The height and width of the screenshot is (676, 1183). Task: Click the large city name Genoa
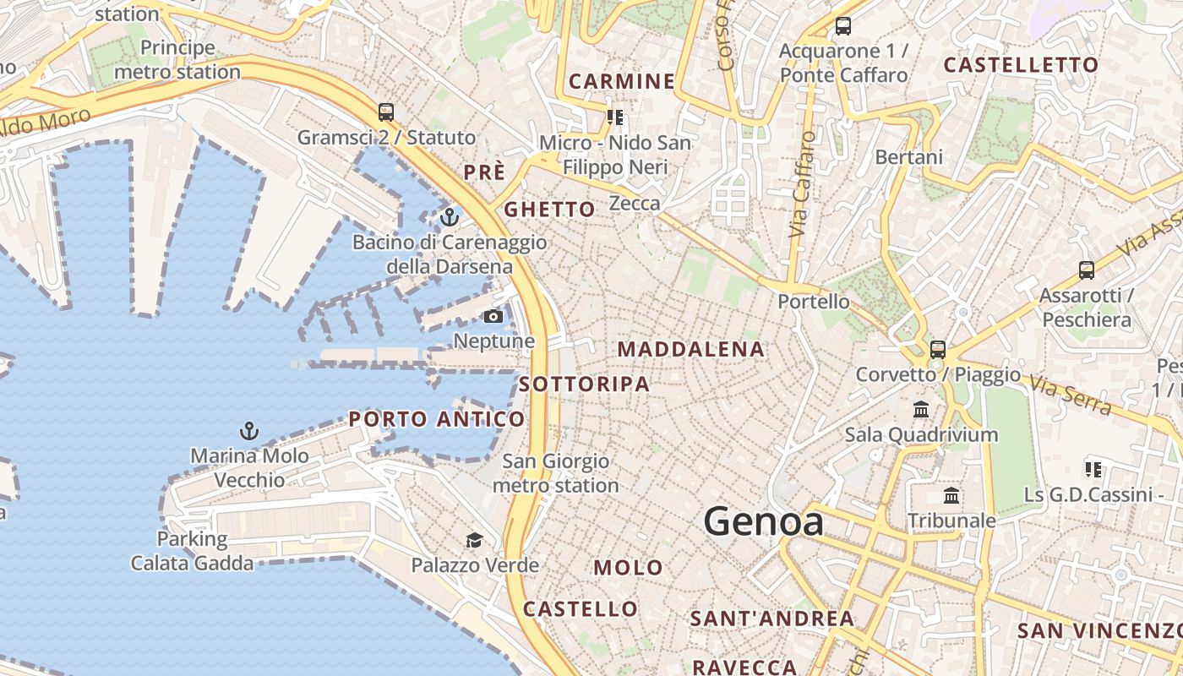pos(763,521)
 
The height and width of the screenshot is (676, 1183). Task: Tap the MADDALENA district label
pos(690,349)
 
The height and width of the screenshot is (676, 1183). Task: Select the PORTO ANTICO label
pos(437,419)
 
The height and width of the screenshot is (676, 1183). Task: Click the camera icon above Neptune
pos(493,317)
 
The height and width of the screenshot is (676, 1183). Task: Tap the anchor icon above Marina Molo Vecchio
pos(248,432)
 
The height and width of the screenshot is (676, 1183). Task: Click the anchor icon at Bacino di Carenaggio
pos(450,217)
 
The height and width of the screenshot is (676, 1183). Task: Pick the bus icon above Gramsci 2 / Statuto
pos(386,112)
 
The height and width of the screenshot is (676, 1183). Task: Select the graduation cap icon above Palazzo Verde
pos(475,540)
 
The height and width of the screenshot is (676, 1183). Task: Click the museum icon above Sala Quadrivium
pos(921,410)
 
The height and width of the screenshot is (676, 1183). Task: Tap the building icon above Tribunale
pos(951,496)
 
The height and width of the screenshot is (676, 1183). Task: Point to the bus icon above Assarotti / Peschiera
pos(1087,270)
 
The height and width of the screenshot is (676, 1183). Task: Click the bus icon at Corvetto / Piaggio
pos(938,349)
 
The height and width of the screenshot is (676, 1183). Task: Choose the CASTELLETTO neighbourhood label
pos(1021,65)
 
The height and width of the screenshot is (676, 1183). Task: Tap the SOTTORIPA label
pos(584,384)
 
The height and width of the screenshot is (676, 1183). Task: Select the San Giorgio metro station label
pos(555,473)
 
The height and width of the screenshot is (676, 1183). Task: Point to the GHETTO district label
pos(549,210)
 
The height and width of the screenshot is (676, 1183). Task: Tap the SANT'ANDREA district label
pos(771,619)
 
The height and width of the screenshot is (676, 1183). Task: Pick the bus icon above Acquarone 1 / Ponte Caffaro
pos(843,25)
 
